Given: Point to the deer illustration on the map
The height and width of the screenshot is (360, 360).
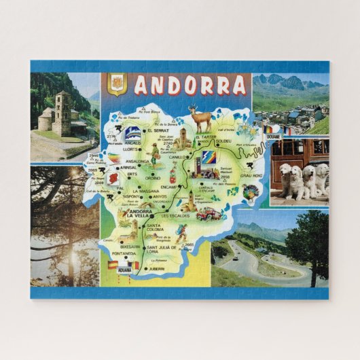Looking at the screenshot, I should click(x=200, y=120).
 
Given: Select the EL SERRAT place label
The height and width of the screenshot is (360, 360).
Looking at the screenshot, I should click(x=166, y=131).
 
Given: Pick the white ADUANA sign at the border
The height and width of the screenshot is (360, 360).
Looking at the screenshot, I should click(x=124, y=270).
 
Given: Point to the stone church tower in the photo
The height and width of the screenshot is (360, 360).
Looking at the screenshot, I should click(x=62, y=112).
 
